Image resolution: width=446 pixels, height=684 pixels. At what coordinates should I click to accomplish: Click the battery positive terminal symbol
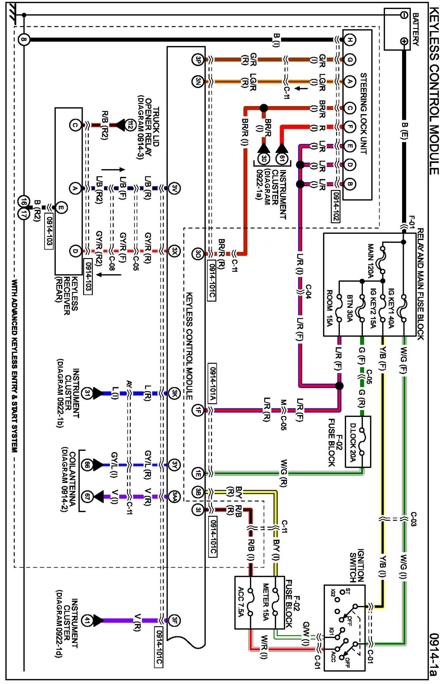[403, 41]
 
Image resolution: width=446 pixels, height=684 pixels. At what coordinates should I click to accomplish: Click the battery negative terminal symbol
[403, 15]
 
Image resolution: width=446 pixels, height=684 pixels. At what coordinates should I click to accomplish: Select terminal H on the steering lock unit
[350, 40]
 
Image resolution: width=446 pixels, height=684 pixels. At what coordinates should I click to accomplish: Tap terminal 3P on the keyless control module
[197, 59]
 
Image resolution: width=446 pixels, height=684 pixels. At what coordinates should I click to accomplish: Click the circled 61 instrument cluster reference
[282, 159]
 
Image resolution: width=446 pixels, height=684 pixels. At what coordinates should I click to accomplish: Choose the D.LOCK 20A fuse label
[353, 443]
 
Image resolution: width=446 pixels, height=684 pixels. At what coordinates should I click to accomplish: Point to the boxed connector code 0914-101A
[212, 383]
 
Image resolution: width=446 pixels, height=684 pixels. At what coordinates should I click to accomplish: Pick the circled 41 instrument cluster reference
[87, 620]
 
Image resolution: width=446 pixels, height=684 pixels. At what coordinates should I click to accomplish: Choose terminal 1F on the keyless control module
[197, 410]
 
